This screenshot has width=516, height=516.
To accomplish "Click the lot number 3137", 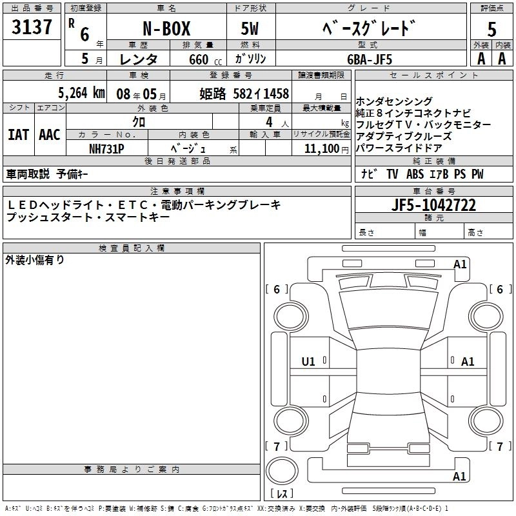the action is pyautogui.click(x=32, y=27).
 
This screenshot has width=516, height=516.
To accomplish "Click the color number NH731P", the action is pyautogui.click(x=106, y=147).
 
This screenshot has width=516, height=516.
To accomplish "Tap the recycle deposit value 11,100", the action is pyautogui.click(x=321, y=148).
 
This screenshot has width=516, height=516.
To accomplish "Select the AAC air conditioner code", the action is pyautogui.click(x=50, y=134).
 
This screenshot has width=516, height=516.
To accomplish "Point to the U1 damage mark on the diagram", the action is pyautogui.click(x=308, y=362).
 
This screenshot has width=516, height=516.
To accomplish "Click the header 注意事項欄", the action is pyautogui.click(x=177, y=192).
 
